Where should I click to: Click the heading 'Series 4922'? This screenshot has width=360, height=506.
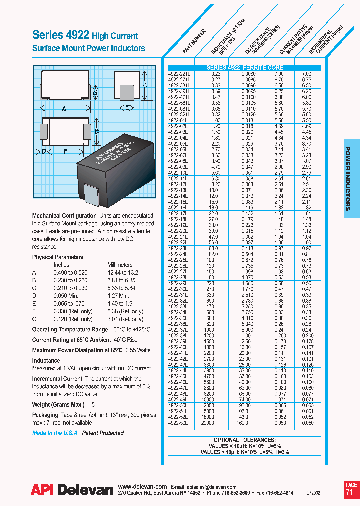(x=60, y=35)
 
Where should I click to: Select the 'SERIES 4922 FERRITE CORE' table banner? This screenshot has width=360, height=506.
(x=245, y=67)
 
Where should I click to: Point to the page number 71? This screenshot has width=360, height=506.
(x=351, y=493)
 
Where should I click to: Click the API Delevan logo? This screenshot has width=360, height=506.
(x=72, y=491)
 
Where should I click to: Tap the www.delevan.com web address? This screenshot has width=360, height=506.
(x=142, y=486)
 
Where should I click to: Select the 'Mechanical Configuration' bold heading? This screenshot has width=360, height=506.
(x=64, y=216)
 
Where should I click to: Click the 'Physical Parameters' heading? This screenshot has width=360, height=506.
(x=58, y=257)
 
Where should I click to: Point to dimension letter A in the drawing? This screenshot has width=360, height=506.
(x=64, y=108)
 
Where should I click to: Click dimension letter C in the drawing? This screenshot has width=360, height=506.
(x=144, y=85)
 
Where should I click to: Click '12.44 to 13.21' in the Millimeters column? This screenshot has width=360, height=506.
(x=124, y=273)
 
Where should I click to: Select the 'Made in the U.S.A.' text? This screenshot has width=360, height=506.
(x=55, y=433)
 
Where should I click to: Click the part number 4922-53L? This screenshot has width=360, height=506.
(x=178, y=422)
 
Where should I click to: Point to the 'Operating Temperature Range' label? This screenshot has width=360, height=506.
(x=70, y=330)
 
